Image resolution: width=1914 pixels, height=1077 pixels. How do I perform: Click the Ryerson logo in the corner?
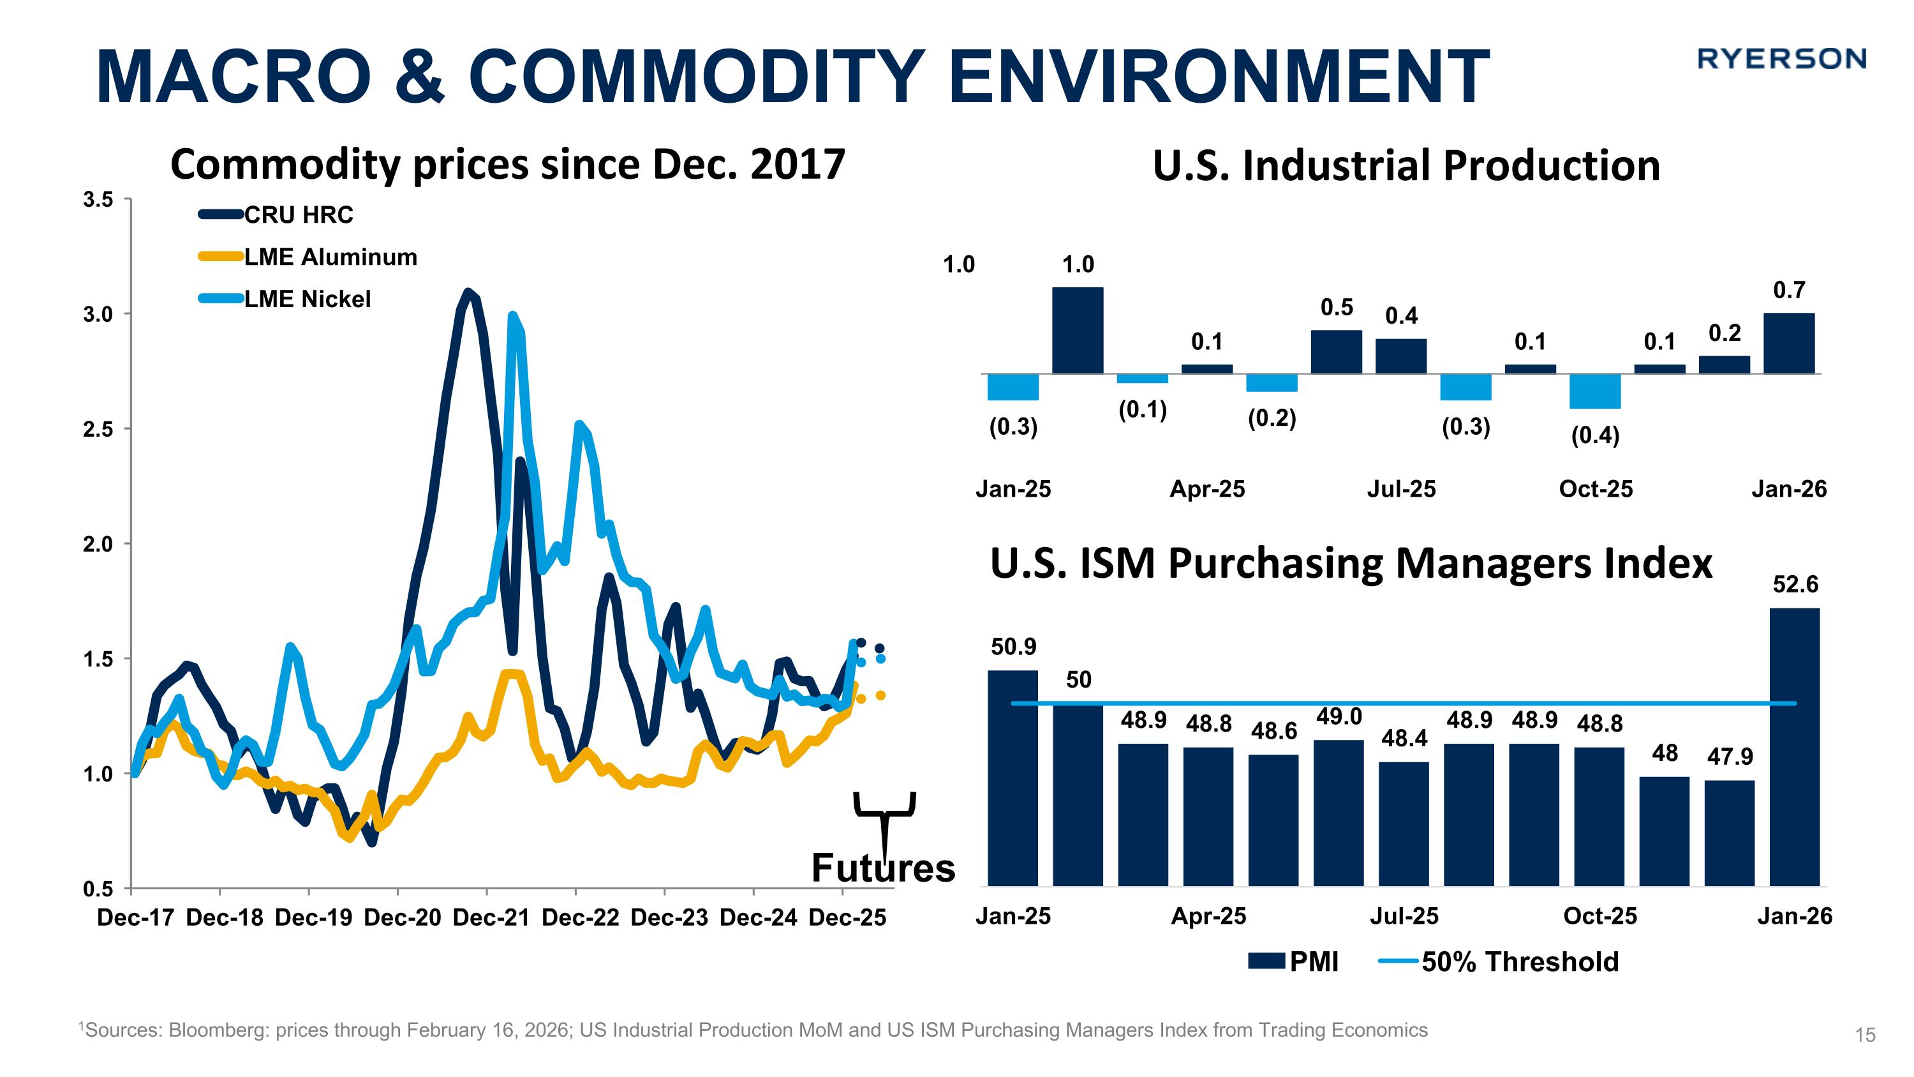(x=1781, y=59)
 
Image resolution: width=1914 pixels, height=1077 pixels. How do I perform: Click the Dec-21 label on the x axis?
(x=491, y=918)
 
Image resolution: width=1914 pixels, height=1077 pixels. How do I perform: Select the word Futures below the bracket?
(x=883, y=868)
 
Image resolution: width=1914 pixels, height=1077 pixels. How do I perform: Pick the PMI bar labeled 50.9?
(x=1013, y=778)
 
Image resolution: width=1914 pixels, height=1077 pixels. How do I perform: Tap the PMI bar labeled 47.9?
(x=1729, y=832)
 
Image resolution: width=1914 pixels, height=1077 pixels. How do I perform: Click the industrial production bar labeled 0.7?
(x=1788, y=343)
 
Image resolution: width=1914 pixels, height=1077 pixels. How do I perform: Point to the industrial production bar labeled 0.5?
(x=1336, y=352)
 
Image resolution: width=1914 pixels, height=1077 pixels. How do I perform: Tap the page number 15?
(x=1865, y=1035)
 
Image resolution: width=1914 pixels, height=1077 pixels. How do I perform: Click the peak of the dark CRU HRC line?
(x=468, y=292)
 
